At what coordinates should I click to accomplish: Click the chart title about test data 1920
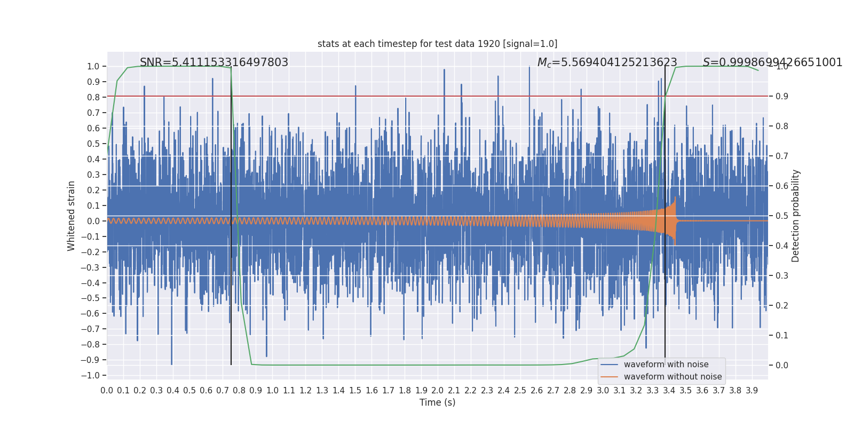[x=437, y=44]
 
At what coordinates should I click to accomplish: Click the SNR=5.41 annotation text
[x=214, y=62]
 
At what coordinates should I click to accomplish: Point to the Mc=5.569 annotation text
[x=607, y=62]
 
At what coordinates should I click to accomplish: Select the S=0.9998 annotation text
[x=772, y=62]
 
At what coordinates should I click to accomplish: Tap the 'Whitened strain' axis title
[x=71, y=216]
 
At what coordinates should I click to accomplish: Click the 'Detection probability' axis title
[x=795, y=216]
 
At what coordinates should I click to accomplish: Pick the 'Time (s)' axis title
[x=437, y=402]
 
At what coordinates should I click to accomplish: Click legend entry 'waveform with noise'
[x=666, y=365]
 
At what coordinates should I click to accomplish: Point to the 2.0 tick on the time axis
[x=438, y=390]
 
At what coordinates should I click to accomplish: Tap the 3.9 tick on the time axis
[x=752, y=390]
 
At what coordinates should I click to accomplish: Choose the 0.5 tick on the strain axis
[x=93, y=144]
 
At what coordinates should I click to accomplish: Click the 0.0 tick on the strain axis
[x=93, y=221]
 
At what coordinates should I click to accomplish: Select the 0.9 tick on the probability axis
[x=782, y=96]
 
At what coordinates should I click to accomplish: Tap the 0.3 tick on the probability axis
[x=782, y=275]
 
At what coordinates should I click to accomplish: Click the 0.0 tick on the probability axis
[x=782, y=365]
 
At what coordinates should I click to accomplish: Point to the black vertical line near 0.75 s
[x=231, y=216]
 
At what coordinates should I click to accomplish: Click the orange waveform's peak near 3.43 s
[x=675, y=197]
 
